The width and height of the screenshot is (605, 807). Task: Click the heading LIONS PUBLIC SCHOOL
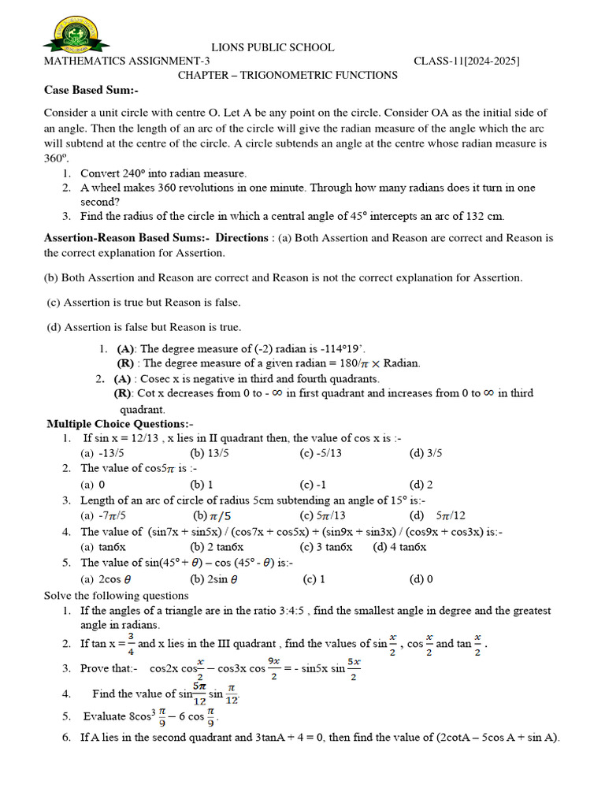273,48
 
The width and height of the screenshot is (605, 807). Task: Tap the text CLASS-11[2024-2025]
467,61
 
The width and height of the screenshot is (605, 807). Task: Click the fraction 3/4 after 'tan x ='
131,643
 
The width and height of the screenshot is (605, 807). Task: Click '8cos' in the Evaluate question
123,716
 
